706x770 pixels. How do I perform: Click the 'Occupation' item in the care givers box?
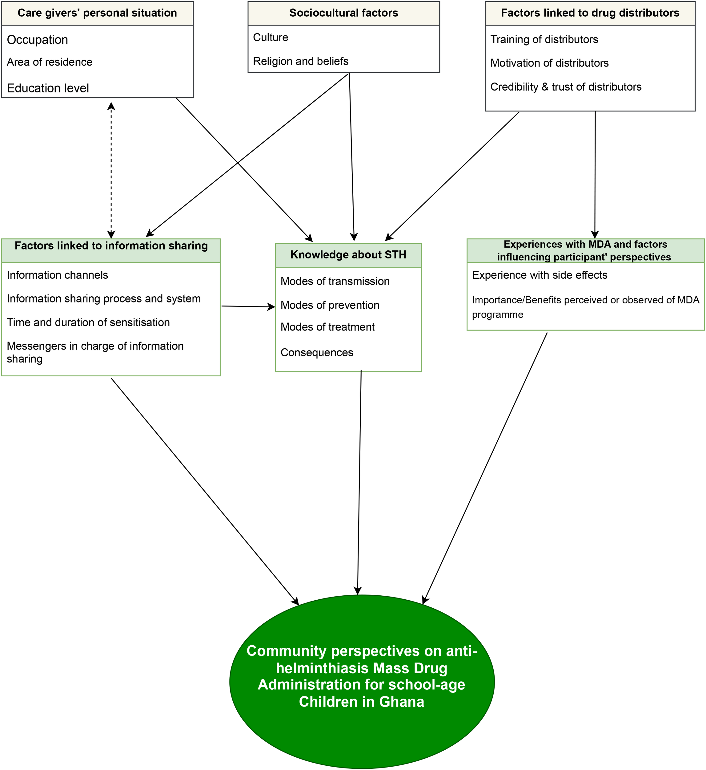pyautogui.click(x=38, y=40)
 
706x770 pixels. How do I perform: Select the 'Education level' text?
pyautogui.click(x=48, y=88)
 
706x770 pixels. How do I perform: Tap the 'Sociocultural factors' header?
pyautogui.click(x=343, y=13)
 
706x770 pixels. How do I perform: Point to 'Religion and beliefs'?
pyautogui.click(x=301, y=61)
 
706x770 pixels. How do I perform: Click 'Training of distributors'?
pyautogui.click(x=544, y=39)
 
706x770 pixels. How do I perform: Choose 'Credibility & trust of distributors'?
pyautogui.click(x=565, y=87)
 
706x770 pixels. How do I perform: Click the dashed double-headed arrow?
pyautogui.click(x=111, y=170)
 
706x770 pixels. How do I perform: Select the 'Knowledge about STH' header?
pyautogui.click(x=348, y=255)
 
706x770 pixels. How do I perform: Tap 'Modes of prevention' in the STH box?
pyautogui.click(x=330, y=305)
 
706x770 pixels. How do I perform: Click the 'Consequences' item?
pyautogui.click(x=317, y=352)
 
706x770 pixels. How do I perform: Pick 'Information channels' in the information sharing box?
pyautogui.click(x=57, y=275)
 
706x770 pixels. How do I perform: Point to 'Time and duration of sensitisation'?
pyautogui.click(x=88, y=322)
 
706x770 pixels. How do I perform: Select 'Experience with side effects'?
pyautogui.click(x=540, y=275)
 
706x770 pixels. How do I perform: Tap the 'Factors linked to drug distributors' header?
pyautogui.click(x=590, y=13)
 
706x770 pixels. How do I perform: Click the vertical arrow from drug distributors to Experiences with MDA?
pyautogui.click(x=595, y=172)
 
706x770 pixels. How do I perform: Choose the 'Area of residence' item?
pyautogui.click(x=50, y=62)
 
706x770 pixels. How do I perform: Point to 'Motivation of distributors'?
pyautogui.click(x=549, y=63)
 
